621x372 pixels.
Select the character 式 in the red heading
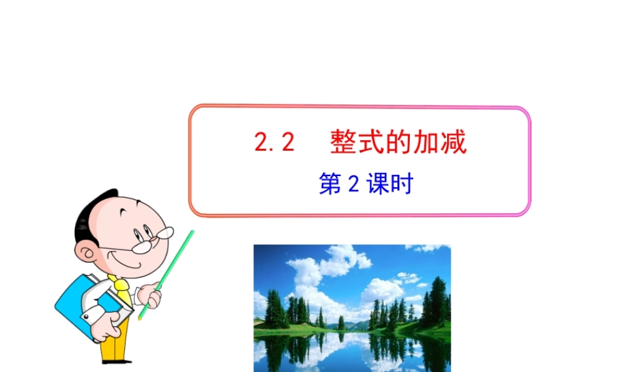(370, 143)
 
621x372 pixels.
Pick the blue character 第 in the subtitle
(330, 185)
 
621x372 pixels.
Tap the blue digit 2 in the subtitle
(354, 185)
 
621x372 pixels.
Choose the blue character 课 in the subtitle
(376, 185)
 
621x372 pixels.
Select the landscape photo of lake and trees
(351, 308)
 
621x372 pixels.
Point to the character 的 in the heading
(398, 143)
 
